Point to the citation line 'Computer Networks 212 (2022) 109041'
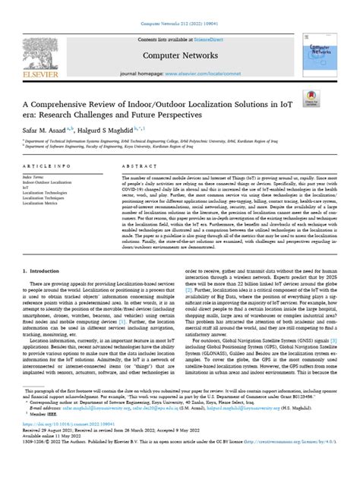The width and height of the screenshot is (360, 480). (181, 7)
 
